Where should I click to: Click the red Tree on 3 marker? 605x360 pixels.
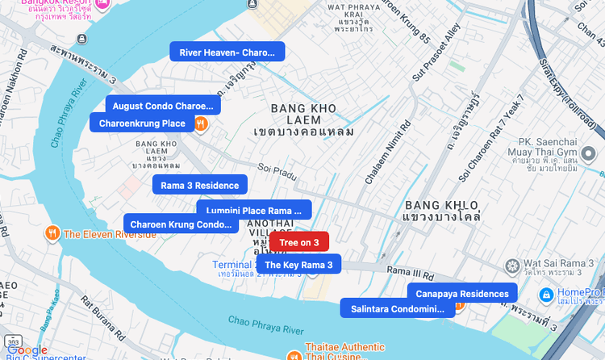tap(299, 242)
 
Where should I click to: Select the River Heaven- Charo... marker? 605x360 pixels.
tap(227, 52)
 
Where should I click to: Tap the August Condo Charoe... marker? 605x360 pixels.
tap(163, 106)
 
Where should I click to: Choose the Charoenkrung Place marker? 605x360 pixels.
tap(141, 123)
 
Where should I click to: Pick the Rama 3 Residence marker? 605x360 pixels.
tap(200, 185)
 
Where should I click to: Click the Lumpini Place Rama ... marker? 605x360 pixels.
tap(254, 211)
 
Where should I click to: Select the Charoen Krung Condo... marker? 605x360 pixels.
tap(181, 224)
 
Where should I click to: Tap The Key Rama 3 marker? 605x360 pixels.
tap(298, 264)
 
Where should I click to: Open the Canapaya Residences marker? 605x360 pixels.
tap(462, 293)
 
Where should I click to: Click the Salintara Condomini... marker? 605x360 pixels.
tap(398, 308)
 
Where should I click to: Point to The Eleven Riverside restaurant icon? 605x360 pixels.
tap(52, 233)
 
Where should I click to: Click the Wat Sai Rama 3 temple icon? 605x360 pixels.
tap(511, 266)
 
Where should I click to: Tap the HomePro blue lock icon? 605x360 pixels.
tap(547, 295)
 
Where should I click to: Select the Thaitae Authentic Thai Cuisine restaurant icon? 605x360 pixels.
tap(294, 354)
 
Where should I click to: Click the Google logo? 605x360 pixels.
tap(28, 350)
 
